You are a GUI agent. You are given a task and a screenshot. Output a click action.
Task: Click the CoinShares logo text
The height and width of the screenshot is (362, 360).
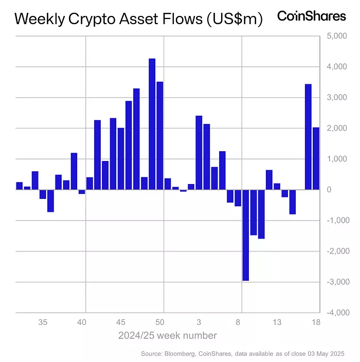(x=312, y=16)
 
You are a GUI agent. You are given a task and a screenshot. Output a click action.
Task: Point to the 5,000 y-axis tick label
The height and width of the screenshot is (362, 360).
(x=337, y=36)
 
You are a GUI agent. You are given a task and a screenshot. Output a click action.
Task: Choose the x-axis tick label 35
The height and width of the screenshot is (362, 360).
(x=43, y=323)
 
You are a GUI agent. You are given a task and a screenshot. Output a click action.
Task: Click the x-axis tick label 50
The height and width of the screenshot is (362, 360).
(x=160, y=323)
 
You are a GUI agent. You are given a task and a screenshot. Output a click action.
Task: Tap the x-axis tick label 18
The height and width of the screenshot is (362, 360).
(x=316, y=323)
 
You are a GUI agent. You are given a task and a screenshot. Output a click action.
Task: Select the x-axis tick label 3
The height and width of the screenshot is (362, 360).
(x=199, y=323)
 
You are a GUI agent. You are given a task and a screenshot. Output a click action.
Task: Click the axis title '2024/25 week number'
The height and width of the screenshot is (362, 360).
(x=167, y=336)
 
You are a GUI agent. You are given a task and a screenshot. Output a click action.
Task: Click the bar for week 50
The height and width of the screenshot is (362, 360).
(x=160, y=136)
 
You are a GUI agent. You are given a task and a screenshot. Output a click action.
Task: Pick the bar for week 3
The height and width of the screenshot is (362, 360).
(x=199, y=153)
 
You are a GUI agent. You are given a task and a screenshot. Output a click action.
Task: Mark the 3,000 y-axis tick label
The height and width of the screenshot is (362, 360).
(x=337, y=98)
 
